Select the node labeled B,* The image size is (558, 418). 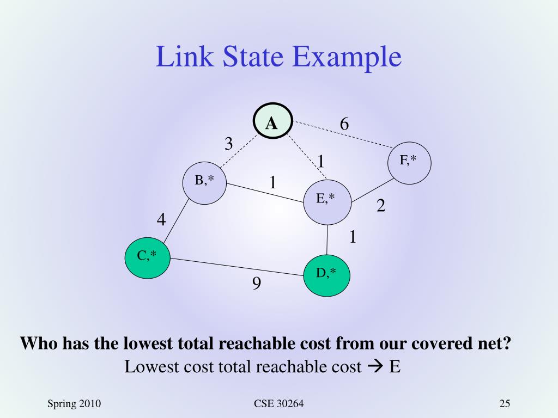click(204, 182)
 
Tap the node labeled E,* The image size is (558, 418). click(326, 201)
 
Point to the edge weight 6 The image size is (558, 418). click(344, 124)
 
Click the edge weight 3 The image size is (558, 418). click(229, 144)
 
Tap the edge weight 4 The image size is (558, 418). click(161, 220)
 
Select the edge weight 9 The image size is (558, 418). click(256, 284)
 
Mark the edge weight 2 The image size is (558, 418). click(381, 206)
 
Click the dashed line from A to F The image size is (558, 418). click(343, 135)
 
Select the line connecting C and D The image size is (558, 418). click(237, 267)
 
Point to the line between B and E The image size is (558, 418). click(265, 193)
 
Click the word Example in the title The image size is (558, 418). click(347, 58)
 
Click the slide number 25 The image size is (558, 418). click(504, 403)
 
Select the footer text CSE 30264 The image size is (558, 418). click(278, 403)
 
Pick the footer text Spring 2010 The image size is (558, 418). click(75, 403)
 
